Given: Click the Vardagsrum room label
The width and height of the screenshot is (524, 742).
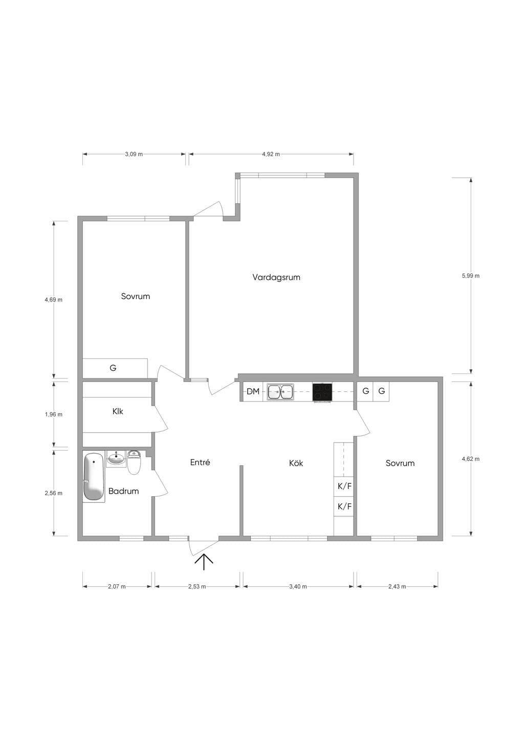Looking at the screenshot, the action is pyautogui.click(x=276, y=277).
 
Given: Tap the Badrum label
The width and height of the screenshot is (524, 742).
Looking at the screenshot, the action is pyautogui.click(x=123, y=491).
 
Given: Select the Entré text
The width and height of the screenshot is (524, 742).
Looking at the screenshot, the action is pyautogui.click(x=200, y=462).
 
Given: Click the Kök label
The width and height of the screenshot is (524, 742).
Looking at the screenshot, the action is pyautogui.click(x=296, y=463).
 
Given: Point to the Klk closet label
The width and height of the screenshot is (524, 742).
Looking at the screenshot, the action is pyautogui.click(x=118, y=411).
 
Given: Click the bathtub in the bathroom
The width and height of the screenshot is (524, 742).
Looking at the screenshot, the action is pyautogui.click(x=94, y=477).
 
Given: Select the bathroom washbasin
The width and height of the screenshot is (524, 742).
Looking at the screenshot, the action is pyautogui.click(x=116, y=459).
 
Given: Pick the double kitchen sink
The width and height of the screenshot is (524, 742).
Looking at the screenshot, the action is pyautogui.click(x=280, y=392).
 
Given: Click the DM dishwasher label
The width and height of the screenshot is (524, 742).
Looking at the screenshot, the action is pyautogui.click(x=253, y=391).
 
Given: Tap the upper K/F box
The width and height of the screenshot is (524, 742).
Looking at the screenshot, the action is pyautogui.click(x=344, y=486).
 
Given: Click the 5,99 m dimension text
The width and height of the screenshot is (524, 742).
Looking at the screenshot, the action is pyautogui.click(x=470, y=275).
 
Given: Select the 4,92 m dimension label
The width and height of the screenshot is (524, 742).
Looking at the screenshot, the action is pyautogui.click(x=271, y=154).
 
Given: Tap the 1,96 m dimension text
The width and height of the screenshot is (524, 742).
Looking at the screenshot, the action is pyautogui.click(x=54, y=414).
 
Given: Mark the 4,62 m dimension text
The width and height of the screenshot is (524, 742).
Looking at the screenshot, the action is pyautogui.click(x=470, y=459).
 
